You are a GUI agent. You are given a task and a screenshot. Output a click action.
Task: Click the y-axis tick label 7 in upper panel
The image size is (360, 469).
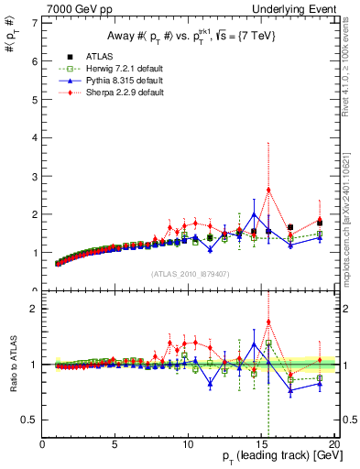[35, 22]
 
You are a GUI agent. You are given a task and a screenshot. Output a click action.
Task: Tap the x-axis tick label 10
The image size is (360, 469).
[188, 445]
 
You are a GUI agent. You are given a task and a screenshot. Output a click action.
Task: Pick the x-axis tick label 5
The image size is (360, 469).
[115, 445]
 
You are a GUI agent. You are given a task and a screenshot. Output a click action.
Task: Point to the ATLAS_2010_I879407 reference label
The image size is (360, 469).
[190, 273]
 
